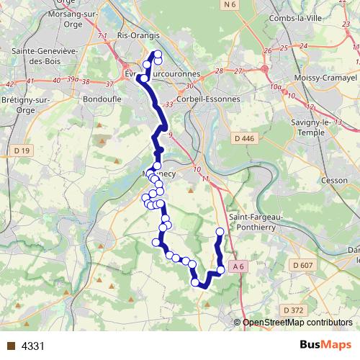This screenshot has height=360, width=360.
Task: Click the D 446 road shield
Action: [245, 138]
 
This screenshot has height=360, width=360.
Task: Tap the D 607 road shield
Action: [303, 266]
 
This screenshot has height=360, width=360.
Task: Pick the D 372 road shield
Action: [294, 310]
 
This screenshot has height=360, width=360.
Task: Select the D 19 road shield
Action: [22, 150]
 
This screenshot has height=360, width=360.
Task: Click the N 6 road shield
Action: [229, 5]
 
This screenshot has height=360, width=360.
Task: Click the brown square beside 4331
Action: [9, 346]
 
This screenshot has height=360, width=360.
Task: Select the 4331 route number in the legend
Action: [33, 346]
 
